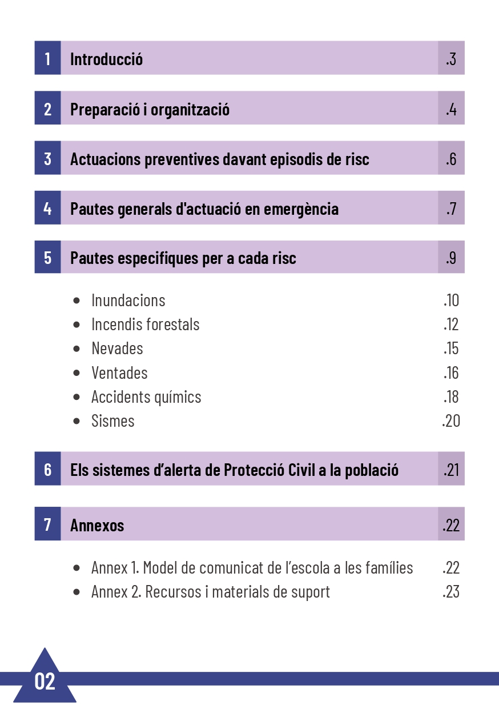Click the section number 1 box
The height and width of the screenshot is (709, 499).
47,58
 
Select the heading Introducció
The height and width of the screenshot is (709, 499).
106,59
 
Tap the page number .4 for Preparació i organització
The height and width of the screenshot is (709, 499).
451,109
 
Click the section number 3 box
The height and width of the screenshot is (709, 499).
47,158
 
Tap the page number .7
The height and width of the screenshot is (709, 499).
451,209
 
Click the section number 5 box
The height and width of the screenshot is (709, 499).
47,258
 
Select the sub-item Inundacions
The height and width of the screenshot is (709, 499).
128,300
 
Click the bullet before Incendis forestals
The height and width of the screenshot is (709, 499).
77,325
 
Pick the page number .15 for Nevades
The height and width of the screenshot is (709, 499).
451,349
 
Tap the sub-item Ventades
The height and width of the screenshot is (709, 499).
119,372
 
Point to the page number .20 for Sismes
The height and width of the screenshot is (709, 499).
450,421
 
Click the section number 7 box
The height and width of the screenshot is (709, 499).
47,524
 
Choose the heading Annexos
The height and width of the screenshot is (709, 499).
97,525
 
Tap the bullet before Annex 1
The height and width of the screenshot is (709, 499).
77,568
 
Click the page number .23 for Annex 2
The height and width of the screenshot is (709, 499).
450,592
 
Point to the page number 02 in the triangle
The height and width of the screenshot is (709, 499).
45,681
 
